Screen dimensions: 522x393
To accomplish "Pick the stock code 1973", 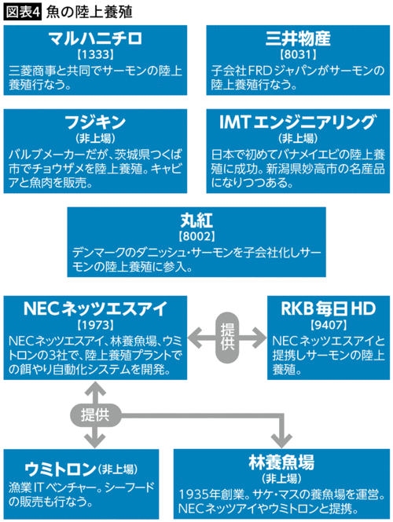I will pyautogui.click(x=95, y=324).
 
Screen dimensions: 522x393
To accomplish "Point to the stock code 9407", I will pyautogui.click(x=326, y=324).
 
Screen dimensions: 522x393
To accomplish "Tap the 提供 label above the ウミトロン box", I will pyautogui.click(x=95, y=412).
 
